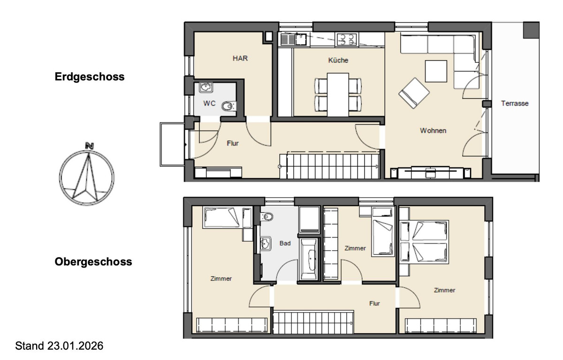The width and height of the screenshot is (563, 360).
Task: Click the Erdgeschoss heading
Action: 90,77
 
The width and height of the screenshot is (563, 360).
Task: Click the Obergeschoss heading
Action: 93,262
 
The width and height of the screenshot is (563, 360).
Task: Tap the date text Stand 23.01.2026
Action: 59,346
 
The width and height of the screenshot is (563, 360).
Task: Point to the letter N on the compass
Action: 90,146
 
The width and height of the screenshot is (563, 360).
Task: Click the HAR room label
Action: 240,58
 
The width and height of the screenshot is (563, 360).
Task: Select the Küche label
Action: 338,60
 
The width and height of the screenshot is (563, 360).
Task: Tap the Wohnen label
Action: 433,130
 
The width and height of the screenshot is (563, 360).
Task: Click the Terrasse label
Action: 515,103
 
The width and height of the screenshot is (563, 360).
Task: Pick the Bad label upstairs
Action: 285,243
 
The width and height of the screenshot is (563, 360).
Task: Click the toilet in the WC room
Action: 229,106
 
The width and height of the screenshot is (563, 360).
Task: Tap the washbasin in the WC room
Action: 206,87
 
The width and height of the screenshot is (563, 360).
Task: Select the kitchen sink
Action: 293,39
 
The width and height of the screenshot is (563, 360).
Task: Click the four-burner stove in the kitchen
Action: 347,39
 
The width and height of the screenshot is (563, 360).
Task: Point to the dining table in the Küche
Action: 338,95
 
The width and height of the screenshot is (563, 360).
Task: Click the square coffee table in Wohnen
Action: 436,71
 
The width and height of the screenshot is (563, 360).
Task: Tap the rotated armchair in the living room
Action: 414,93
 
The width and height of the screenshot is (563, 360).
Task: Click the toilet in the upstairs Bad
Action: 267,216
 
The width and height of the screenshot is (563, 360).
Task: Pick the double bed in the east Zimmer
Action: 424,242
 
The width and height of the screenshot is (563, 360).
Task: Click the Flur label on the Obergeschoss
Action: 374,303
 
